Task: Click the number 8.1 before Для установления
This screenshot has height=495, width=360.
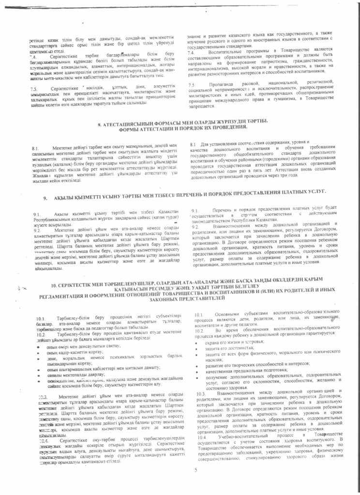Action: pos(193,145)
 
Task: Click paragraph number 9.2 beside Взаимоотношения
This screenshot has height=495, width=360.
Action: pos(195,227)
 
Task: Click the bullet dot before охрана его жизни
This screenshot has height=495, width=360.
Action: pos(193,342)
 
